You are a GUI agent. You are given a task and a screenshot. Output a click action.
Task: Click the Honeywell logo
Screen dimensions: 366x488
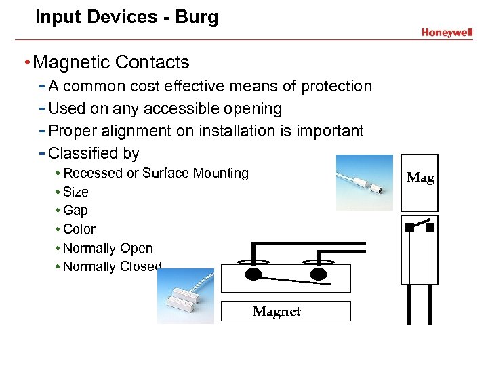447,32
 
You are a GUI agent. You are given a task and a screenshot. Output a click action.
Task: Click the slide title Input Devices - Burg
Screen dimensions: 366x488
127,17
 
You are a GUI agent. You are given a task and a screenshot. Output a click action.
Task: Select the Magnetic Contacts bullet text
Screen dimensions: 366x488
111,62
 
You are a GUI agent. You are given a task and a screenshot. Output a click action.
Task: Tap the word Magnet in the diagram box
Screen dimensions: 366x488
277,312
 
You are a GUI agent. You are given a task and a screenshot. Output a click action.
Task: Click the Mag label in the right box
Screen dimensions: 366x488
420,178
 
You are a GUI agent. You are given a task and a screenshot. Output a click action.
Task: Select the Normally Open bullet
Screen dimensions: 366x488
108,248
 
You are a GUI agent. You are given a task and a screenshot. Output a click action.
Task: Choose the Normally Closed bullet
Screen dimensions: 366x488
112,266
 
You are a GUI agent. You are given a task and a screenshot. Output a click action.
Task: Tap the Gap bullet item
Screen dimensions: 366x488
75,210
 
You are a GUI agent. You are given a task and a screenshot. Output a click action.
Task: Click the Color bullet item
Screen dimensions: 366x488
79,229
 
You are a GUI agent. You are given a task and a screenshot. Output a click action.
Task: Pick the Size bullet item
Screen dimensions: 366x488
75,192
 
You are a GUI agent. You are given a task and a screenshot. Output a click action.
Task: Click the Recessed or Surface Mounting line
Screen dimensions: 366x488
156,173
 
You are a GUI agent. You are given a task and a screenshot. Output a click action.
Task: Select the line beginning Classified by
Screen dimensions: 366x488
94,153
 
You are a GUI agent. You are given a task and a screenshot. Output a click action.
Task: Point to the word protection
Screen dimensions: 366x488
336,86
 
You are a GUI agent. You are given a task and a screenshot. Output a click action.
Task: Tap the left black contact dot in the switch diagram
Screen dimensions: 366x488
252,274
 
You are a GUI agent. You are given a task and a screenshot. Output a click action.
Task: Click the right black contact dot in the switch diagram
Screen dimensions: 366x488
319,274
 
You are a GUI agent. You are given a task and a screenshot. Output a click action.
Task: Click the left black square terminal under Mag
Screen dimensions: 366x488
409,228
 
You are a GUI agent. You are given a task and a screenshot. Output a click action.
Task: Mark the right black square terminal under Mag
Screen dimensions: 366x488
430,228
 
